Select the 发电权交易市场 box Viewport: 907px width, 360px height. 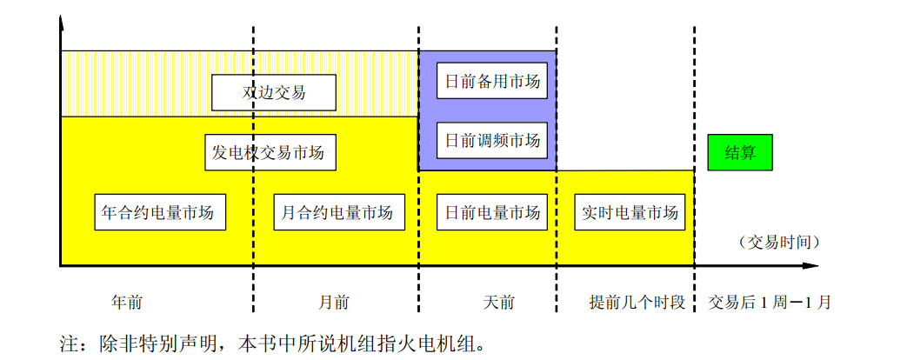pos(269,152)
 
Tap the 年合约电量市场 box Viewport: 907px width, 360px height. pos(159,212)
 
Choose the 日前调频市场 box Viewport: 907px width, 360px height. pos(492,140)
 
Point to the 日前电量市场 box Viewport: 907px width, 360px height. pos(492,212)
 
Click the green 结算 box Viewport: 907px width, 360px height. pos(740,152)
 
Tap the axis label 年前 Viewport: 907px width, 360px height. pos(127,303)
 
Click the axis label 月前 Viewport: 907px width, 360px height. pos(334,303)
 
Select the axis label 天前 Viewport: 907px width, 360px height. pos(498,303)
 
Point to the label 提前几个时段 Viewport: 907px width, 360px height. pos(637,303)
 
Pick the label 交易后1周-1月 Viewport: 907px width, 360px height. pos(770,303)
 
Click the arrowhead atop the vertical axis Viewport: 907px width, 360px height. pos(61,23)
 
